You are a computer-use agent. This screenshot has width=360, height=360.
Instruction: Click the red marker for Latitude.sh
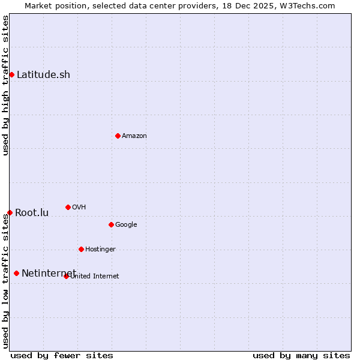11,74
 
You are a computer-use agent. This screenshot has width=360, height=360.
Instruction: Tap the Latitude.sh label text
43,75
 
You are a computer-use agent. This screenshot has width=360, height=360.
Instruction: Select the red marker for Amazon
118,136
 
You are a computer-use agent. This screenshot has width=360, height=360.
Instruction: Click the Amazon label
134,136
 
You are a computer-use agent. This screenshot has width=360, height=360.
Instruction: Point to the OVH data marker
68,207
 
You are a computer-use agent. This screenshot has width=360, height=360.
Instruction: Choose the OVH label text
79,208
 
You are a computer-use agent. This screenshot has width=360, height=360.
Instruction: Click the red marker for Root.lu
10,212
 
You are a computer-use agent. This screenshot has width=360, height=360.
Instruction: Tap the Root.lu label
32,213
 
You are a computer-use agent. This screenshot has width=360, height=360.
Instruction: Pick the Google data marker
111,224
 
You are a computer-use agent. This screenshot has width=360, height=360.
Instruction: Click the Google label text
126,225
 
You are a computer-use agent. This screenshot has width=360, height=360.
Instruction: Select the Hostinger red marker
81,249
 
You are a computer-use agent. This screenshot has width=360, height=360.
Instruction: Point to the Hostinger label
100,250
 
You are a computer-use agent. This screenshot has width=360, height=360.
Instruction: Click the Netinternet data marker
16,273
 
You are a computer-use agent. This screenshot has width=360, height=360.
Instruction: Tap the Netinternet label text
49,274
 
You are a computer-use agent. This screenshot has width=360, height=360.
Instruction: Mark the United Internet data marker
66,276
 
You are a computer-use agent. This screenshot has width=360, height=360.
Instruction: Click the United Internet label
95,277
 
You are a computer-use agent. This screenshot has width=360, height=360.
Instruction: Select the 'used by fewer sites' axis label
62,355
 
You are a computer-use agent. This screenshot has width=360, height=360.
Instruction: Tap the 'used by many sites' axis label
301,355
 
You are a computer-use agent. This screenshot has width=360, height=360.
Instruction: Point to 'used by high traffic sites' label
5,85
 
